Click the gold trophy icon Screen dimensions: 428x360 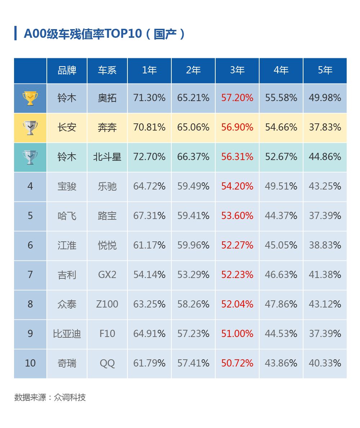pyautogui.click(x=30, y=98)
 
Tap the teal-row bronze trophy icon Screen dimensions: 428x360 pyautogui.click(x=30, y=157)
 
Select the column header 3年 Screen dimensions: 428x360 pyautogui.click(x=237, y=70)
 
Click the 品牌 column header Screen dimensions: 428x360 pyautogui.click(x=67, y=70)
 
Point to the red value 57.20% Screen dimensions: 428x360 pyautogui.click(x=237, y=98)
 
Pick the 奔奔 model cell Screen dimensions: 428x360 pyautogui.click(x=107, y=127)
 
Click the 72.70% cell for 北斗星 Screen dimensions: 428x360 pyautogui.click(x=149, y=157)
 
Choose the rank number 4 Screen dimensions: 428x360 pyautogui.click(x=30, y=186)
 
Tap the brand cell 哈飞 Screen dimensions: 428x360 pyautogui.click(x=67, y=216)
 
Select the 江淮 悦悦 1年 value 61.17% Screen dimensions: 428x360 pyautogui.click(x=149, y=245)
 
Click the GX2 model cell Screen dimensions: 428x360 pyautogui.click(x=107, y=275)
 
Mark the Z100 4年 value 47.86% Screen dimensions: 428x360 pyautogui.click(x=281, y=304)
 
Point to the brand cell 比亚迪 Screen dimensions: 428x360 pyautogui.click(x=67, y=334)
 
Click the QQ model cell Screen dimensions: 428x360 pyautogui.click(x=107, y=363)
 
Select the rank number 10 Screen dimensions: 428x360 pyautogui.click(x=30, y=363)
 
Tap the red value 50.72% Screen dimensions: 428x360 pyautogui.click(x=237, y=363)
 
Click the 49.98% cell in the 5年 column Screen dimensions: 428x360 pyautogui.click(x=325, y=98)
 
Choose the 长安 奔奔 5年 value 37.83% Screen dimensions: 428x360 pyautogui.click(x=325, y=127)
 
